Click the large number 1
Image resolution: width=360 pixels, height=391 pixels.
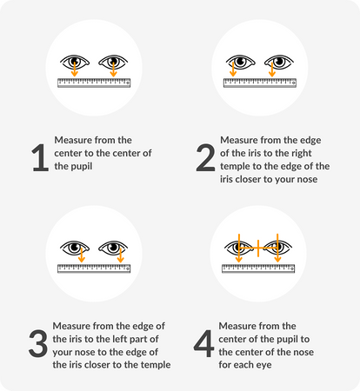pos(39,159)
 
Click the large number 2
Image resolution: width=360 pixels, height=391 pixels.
pos(206,159)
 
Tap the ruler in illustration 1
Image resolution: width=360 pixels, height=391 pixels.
pos(93,83)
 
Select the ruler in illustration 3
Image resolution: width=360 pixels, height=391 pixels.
pos(93,268)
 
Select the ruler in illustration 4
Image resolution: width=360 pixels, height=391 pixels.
pos(258,268)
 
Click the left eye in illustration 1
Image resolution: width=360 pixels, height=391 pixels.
pos(75,63)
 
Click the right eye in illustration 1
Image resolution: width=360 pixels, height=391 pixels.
pos(112,63)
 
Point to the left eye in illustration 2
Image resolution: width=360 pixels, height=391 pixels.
pos(241,63)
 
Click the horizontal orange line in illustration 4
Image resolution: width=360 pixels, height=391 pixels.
pos(257,249)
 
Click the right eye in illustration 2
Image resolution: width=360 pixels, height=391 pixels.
pos(278,63)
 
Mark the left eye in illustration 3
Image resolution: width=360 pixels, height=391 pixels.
pos(75,249)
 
